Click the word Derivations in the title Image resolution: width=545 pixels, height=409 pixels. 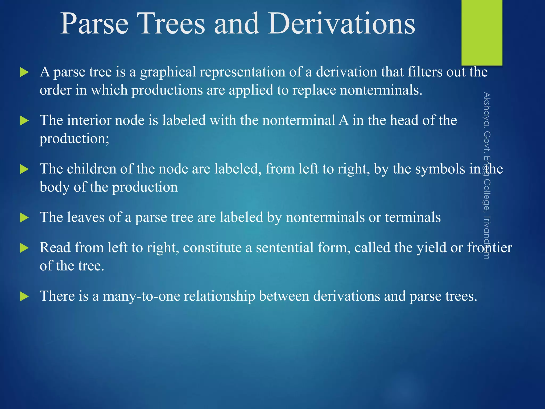pyautogui.click(x=341, y=24)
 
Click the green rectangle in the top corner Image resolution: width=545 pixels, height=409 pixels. pyautogui.click(x=482, y=32)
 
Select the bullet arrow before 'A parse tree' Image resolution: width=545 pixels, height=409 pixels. pyautogui.click(x=24, y=72)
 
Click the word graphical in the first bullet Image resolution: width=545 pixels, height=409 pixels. pyautogui.click(x=168, y=72)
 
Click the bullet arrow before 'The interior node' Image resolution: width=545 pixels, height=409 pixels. pyautogui.click(x=24, y=121)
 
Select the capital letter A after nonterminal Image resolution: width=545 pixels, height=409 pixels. pyautogui.click(x=344, y=120)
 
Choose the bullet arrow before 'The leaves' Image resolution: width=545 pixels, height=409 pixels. pyautogui.click(x=24, y=218)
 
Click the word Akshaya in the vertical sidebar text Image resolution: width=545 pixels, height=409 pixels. pyautogui.click(x=487, y=109)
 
